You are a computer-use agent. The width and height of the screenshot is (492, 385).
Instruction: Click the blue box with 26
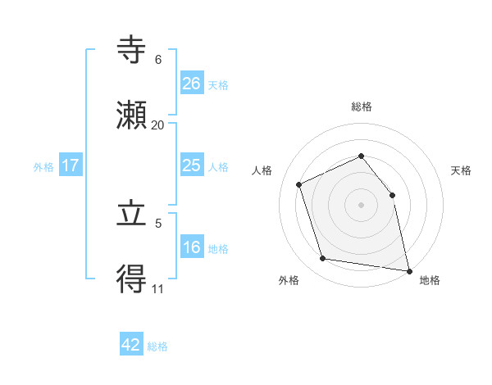click(192, 84)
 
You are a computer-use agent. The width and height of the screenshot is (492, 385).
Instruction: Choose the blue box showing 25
click(192, 165)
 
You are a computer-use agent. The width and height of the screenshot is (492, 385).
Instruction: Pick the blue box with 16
click(192, 247)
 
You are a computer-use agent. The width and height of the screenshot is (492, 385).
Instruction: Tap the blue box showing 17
click(71, 165)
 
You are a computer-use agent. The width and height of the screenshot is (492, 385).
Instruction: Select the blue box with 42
click(131, 345)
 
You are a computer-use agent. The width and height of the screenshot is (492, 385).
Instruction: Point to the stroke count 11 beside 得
click(157, 288)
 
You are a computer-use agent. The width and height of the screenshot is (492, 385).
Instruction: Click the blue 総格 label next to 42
click(157, 346)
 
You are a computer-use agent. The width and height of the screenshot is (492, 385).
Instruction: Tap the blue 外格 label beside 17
click(43, 167)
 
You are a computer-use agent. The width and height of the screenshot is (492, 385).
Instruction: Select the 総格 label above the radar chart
click(361, 106)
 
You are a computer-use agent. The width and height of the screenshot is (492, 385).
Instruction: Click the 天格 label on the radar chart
click(461, 170)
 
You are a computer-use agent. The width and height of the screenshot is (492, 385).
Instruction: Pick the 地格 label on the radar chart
click(430, 280)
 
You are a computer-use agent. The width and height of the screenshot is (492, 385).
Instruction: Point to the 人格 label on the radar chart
click(262, 170)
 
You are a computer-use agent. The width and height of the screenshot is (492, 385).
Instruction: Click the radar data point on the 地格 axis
click(408, 269)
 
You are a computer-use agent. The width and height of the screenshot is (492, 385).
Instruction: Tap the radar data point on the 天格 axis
click(392, 195)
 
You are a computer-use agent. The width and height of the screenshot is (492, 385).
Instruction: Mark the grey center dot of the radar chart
click(361, 205)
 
